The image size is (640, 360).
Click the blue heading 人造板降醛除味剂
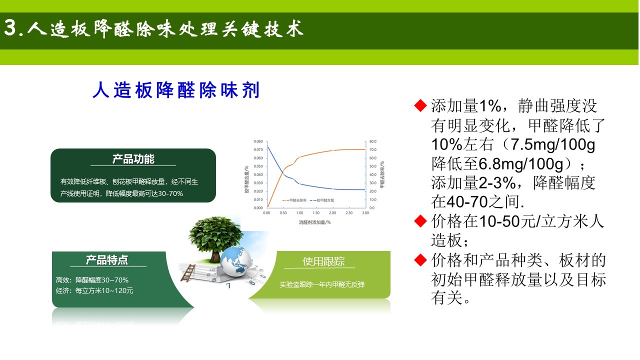coord(176,91)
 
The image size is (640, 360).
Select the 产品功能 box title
coord(133,159)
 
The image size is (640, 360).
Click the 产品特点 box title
coord(107,260)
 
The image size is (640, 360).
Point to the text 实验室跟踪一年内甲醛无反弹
coord(322,284)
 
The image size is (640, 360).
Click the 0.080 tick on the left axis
coord(257,141)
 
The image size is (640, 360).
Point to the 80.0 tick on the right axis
coord(373,141)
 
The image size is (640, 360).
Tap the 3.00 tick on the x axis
coord(365,213)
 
